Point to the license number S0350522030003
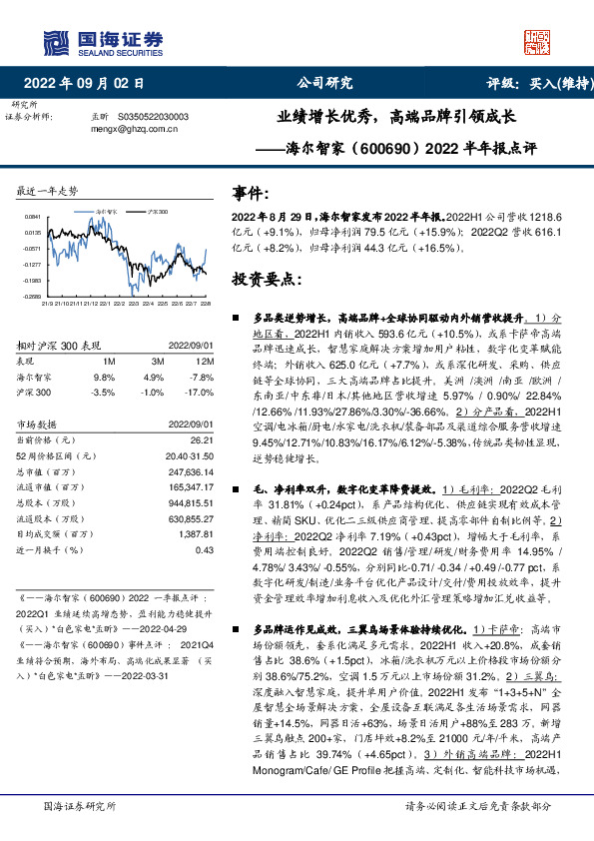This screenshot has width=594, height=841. (153, 116)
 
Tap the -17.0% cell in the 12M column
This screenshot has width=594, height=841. (201, 393)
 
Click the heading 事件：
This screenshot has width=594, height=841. (251, 193)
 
